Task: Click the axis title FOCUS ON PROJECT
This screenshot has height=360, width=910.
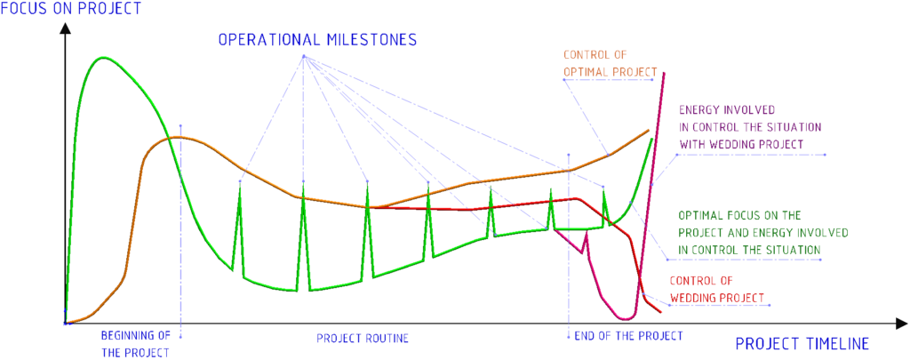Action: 71,9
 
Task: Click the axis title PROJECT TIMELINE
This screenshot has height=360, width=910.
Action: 802,344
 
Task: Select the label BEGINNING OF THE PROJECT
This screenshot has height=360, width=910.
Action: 135,344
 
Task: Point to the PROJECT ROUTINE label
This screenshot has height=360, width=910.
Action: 363,338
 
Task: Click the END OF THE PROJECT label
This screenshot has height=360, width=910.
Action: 628,336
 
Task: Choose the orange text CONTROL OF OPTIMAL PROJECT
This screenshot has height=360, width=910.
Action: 610,65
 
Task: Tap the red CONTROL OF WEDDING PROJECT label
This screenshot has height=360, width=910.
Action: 717,289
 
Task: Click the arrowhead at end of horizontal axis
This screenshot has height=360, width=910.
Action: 900,323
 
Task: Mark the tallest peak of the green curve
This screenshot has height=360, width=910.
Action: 103,58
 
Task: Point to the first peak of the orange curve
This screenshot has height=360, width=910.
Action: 178,137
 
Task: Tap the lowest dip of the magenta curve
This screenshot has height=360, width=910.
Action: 626,319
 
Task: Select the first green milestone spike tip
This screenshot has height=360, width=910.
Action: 240,181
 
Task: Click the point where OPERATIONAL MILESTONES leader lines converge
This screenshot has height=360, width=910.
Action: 304,56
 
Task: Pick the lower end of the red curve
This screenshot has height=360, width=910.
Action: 660,312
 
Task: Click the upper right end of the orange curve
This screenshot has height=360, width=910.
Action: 648,130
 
